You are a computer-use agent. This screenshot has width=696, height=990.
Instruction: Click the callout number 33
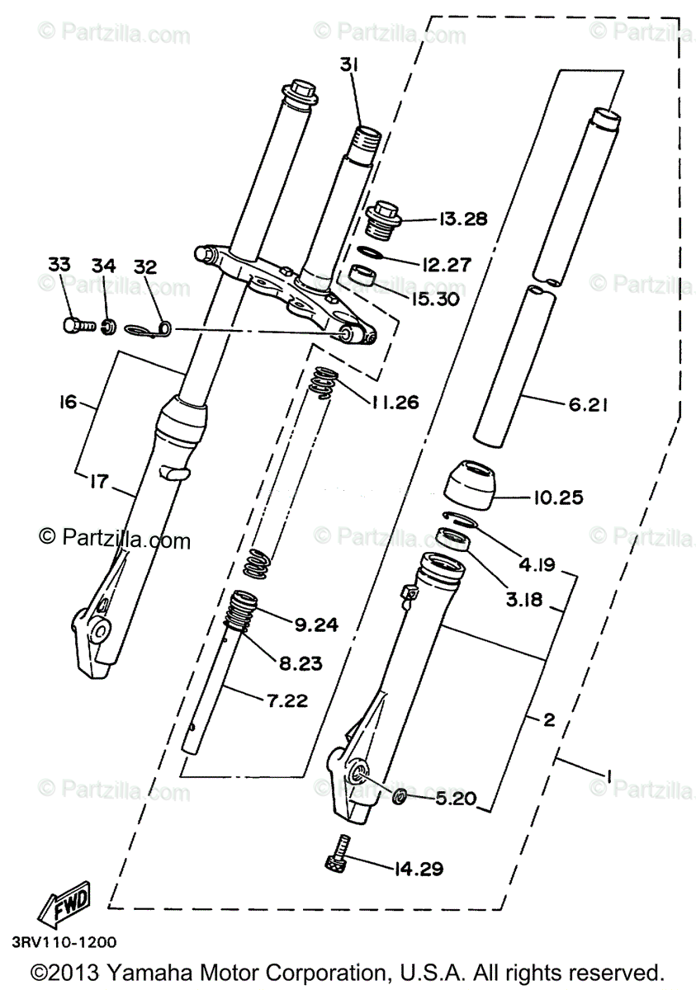59,265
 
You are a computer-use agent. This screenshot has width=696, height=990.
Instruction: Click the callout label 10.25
557,497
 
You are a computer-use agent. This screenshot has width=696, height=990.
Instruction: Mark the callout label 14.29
419,869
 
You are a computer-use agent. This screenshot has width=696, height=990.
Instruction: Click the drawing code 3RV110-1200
64,942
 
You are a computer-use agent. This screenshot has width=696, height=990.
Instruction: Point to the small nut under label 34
106,328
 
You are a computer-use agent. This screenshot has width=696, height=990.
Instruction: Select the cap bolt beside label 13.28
382,218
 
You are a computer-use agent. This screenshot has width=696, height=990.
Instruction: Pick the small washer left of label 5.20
397,796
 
